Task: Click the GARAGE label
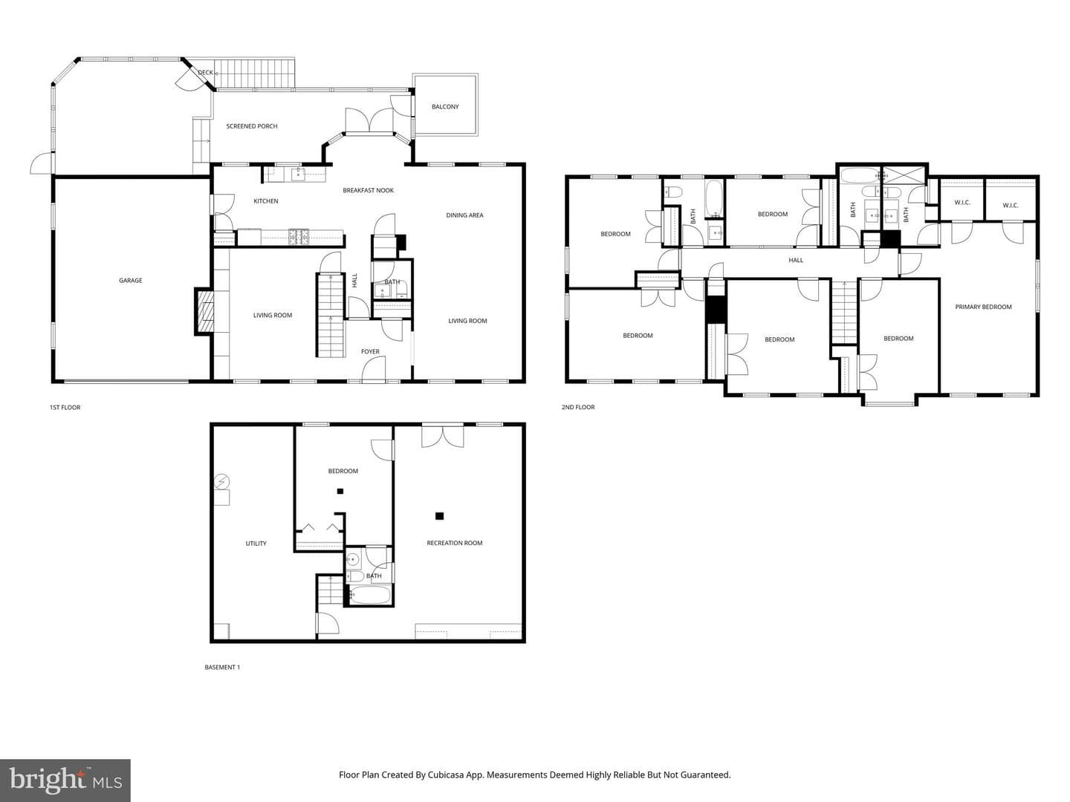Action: click(x=131, y=281)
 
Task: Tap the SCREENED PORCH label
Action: click(x=252, y=126)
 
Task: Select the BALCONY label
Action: click(x=445, y=107)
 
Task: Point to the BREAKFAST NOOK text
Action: click(x=368, y=190)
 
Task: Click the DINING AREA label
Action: click(x=464, y=215)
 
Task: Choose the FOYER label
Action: click(x=370, y=351)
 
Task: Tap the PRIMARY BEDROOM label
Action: click(x=983, y=307)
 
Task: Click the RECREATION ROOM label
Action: click(x=454, y=543)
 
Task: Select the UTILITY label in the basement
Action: click(x=256, y=544)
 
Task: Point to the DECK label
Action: click(x=205, y=73)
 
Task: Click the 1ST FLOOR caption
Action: click(x=65, y=408)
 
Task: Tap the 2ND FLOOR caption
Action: click(x=578, y=407)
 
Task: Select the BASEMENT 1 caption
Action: click(x=222, y=667)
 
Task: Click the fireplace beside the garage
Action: click(x=204, y=312)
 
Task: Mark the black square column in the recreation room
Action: click(x=439, y=516)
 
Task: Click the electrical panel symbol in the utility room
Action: click(x=221, y=482)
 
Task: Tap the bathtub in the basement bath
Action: click(x=370, y=595)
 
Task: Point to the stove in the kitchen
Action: click(x=298, y=237)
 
